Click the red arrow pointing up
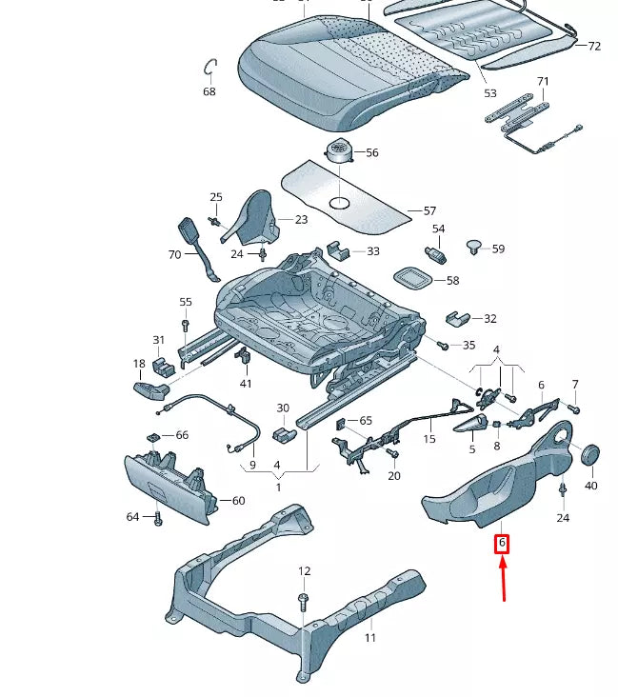pos(504,580)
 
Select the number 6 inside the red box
pos(502,545)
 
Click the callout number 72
pos(594,46)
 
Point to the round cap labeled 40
pos(589,453)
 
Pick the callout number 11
pos(369,638)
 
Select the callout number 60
pos(238,501)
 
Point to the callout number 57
pos(429,210)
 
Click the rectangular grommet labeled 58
pos(412,278)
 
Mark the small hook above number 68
pos(210,68)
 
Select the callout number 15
pos(429,439)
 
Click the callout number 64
pos(133,517)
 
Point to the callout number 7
pos(574,384)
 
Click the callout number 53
pos(489,93)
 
